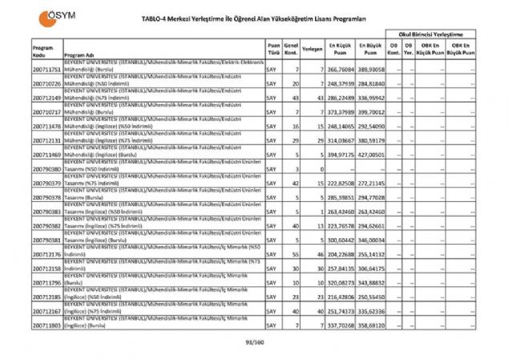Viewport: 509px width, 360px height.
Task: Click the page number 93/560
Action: click(255, 340)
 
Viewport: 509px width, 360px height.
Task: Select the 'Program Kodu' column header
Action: click(42, 50)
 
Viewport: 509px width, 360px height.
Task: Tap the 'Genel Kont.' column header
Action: click(292, 50)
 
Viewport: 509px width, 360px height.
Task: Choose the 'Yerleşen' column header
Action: click(313, 50)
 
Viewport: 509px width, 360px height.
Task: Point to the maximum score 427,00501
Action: click(372, 153)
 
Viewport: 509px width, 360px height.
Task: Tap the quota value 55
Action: click(296, 253)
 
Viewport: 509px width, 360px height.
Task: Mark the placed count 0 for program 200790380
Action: click(320, 170)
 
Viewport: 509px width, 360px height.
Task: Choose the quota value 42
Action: click(296, 184)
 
